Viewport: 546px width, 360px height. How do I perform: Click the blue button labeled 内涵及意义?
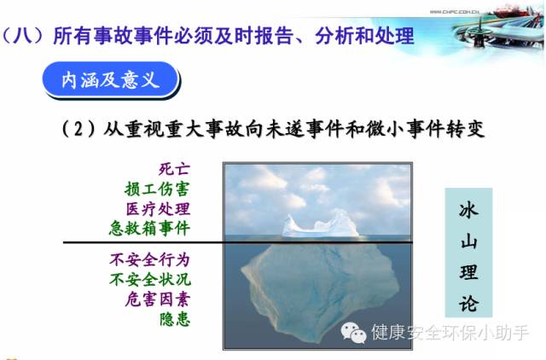(x=110, y=79)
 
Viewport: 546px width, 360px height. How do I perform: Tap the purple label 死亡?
(x=174, y=169)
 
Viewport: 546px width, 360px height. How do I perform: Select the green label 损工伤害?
(x=157, y=189)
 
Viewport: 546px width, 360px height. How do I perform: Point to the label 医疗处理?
(x=158, y=209)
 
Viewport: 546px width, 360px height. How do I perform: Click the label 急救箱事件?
(x=149, y=229)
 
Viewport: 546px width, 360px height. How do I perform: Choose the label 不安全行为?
(x=150, y=259)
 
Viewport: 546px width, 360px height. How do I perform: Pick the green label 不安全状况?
(x=150, y=279)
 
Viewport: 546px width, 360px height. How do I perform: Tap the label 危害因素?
(x=158, y=299)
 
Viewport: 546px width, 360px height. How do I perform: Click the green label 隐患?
(x=175, y=319)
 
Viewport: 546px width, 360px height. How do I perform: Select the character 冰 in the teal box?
(x=468, y=210)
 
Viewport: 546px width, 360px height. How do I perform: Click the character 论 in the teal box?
(x=468, y=303)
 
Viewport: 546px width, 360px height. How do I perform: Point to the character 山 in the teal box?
(x=468, y=241)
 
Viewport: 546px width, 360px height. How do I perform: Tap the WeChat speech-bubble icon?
(x=353, y=333)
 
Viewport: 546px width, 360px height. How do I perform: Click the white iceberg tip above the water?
(x=320, y=225)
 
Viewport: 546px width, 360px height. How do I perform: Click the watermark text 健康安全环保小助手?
(x=450, y=332)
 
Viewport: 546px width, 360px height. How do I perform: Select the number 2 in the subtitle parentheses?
(x=78, y=129)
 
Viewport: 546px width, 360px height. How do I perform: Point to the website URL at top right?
(x=455, y=12)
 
